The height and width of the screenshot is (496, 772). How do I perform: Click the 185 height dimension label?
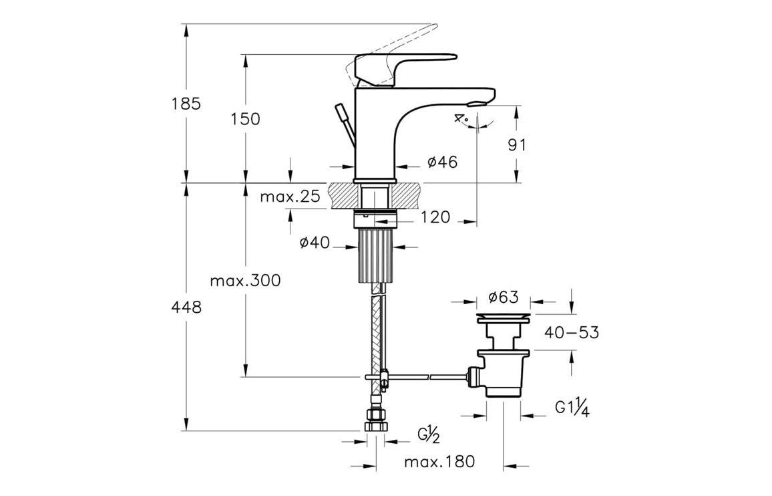[x=186, y=104]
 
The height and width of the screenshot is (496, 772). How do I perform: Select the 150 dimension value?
[x=245, y=119]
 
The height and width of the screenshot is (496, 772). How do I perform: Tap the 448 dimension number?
[x=186, y=307]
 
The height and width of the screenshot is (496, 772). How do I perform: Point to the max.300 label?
[x=245, y=281]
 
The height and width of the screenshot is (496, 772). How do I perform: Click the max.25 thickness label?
[x=290, y=197]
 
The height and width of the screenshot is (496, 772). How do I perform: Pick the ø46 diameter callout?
[x=442, y=162]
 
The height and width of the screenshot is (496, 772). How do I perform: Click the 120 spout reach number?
[x=435, y=217]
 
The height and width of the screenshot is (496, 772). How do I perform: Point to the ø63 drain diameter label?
[x=504, y=297]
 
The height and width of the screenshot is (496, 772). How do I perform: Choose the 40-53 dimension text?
[x=571, y=332]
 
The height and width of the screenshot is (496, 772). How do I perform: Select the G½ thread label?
[x=428, y=435]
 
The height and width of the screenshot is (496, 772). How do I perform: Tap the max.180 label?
[x=439, y=461]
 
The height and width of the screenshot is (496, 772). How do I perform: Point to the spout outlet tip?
[x=478, y=103]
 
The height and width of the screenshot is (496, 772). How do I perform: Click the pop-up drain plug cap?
[x=502, y=315]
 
